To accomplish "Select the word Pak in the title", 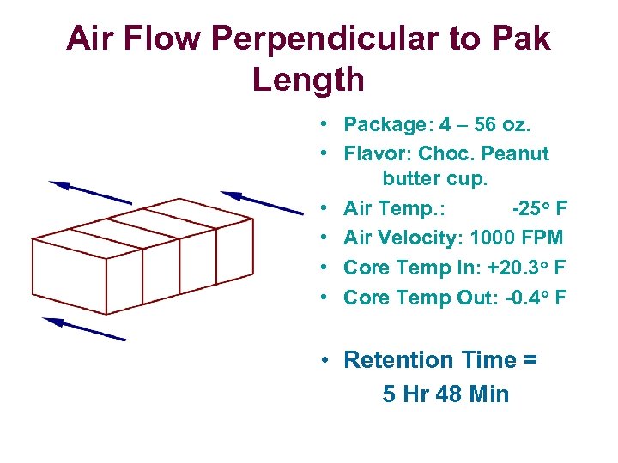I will click(519, 39).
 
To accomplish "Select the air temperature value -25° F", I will click(539, 208).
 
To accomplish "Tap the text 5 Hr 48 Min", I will click(445, 394).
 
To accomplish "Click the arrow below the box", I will click(83, 328).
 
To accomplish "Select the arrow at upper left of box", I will click(89, 192).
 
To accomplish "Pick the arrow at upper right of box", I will click(261, 203).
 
